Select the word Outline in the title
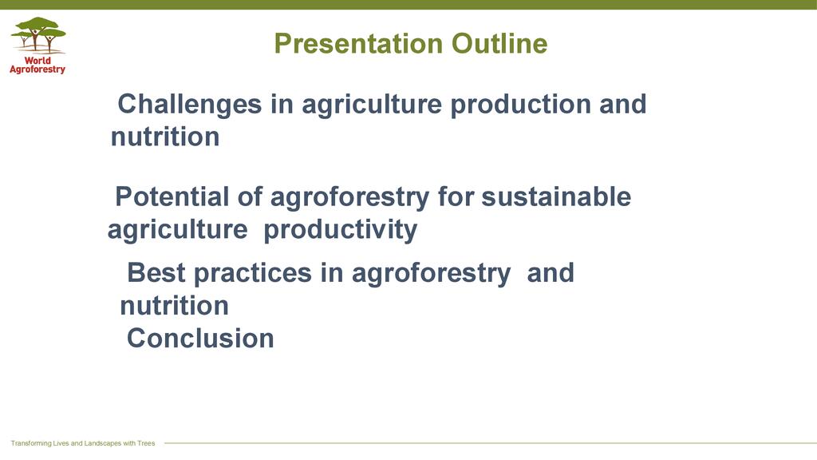499,43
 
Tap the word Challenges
190,105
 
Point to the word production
520,105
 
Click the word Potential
172,196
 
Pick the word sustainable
556,196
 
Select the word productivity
340,230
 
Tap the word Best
156,273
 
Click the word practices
253,274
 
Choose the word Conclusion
200,338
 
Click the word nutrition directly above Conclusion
175,306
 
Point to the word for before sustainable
456,196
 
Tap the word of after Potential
250,196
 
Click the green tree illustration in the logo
38,35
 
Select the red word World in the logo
37,60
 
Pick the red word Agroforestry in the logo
37,69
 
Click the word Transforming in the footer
31,443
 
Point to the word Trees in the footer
146,443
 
